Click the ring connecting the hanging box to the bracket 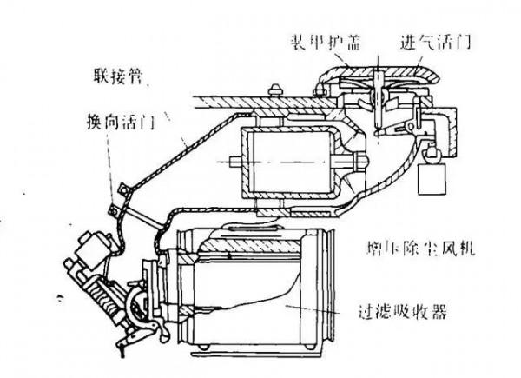tap(428, 153)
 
